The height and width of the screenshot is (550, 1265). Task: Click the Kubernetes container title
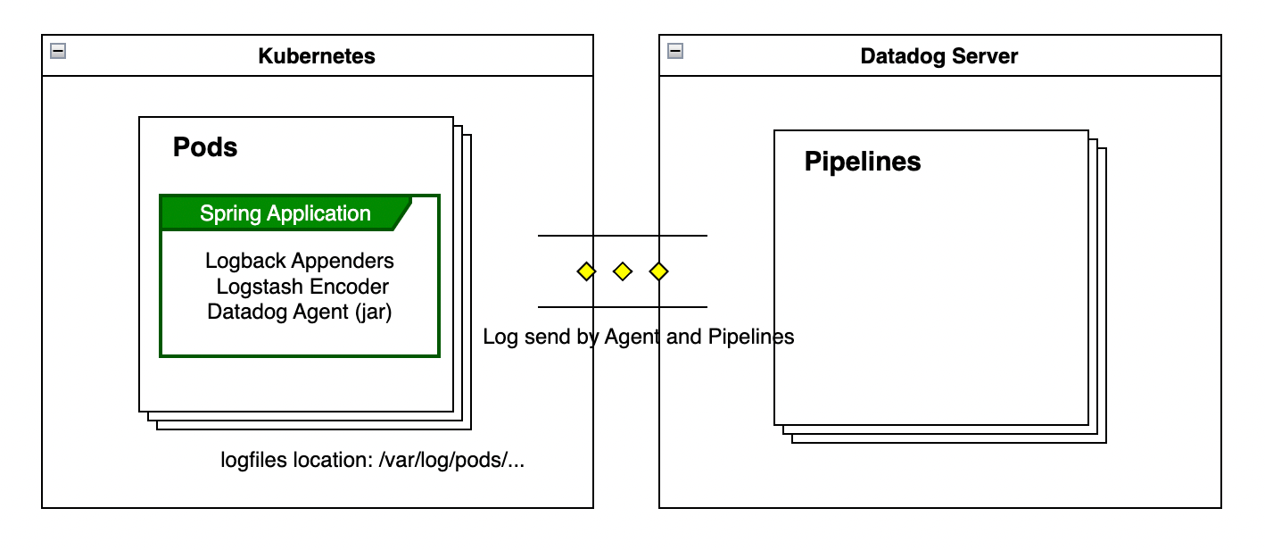click(x=317, y=56)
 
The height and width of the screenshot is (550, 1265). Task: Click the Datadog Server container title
click(x=938, y=56)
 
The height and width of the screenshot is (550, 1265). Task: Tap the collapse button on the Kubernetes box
click(x=58, y=51)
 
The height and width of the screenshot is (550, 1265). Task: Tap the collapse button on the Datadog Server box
click(x=675, y=51)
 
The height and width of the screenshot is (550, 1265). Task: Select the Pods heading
click(x=205, y=147)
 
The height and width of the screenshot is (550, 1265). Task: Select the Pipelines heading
click(x=863, y=162)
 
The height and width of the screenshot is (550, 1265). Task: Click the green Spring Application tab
click(x=285, y=213)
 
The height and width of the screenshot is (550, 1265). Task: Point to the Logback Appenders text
click(x=300, y=261)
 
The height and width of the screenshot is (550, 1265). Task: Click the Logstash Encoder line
click(x=302, y=287)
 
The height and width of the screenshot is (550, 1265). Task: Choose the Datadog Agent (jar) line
click(x=300, y=312)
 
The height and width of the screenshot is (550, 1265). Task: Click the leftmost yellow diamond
click(x=586, y=271)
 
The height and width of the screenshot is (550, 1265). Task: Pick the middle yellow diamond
click(x=623, y=271)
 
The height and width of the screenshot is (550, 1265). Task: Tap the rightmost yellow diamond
click(x=658, y=271)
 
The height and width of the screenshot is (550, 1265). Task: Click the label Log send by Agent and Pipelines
click(x=638, y=337)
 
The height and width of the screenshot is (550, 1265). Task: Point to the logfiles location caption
click(x=372, y=461)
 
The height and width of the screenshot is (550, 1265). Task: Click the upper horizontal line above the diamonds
click(x=622, y=236)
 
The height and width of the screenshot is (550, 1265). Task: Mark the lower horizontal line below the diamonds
click(x=622, y=307)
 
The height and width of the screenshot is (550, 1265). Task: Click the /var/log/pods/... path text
click(x=451, y=461)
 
